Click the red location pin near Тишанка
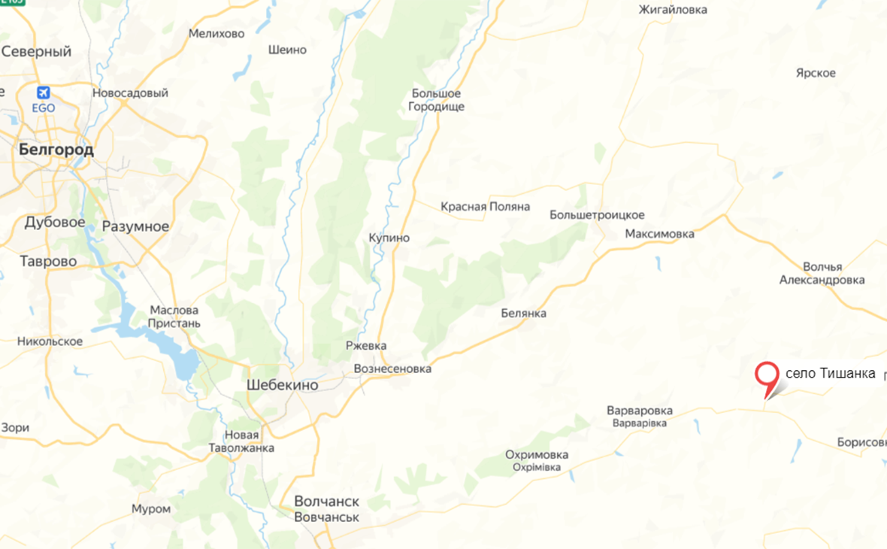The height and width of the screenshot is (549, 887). tap(767, 375)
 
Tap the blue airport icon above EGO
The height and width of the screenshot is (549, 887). tap(44, 93)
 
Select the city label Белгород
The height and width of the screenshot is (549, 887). tap(56, 150)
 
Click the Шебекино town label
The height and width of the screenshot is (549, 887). tap(282, 384)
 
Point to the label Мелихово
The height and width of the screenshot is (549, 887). tap(216, 33)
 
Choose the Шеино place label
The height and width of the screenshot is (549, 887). tap(287, 50)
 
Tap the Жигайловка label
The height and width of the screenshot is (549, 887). tap(672, 10)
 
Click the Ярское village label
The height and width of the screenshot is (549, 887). tap(816, 73)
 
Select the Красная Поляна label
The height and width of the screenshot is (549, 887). tap(485, 206)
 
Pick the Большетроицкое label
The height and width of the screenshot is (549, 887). tap(597, 215)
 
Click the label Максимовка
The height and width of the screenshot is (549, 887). tap(659, 234)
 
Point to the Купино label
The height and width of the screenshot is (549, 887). tap(389, 238)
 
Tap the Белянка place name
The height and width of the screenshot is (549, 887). tap(524, 313)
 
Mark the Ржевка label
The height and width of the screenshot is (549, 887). tap(366, 346)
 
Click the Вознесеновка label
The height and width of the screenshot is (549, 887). tap(392, 369)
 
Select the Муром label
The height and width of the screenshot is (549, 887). tap(151, 508)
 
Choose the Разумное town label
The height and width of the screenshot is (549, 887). tap(135, 226)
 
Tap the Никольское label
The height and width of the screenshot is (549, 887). tap(50, 341)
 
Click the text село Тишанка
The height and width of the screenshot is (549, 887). tap(830, 374)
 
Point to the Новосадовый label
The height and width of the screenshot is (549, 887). tap(130, 93)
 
